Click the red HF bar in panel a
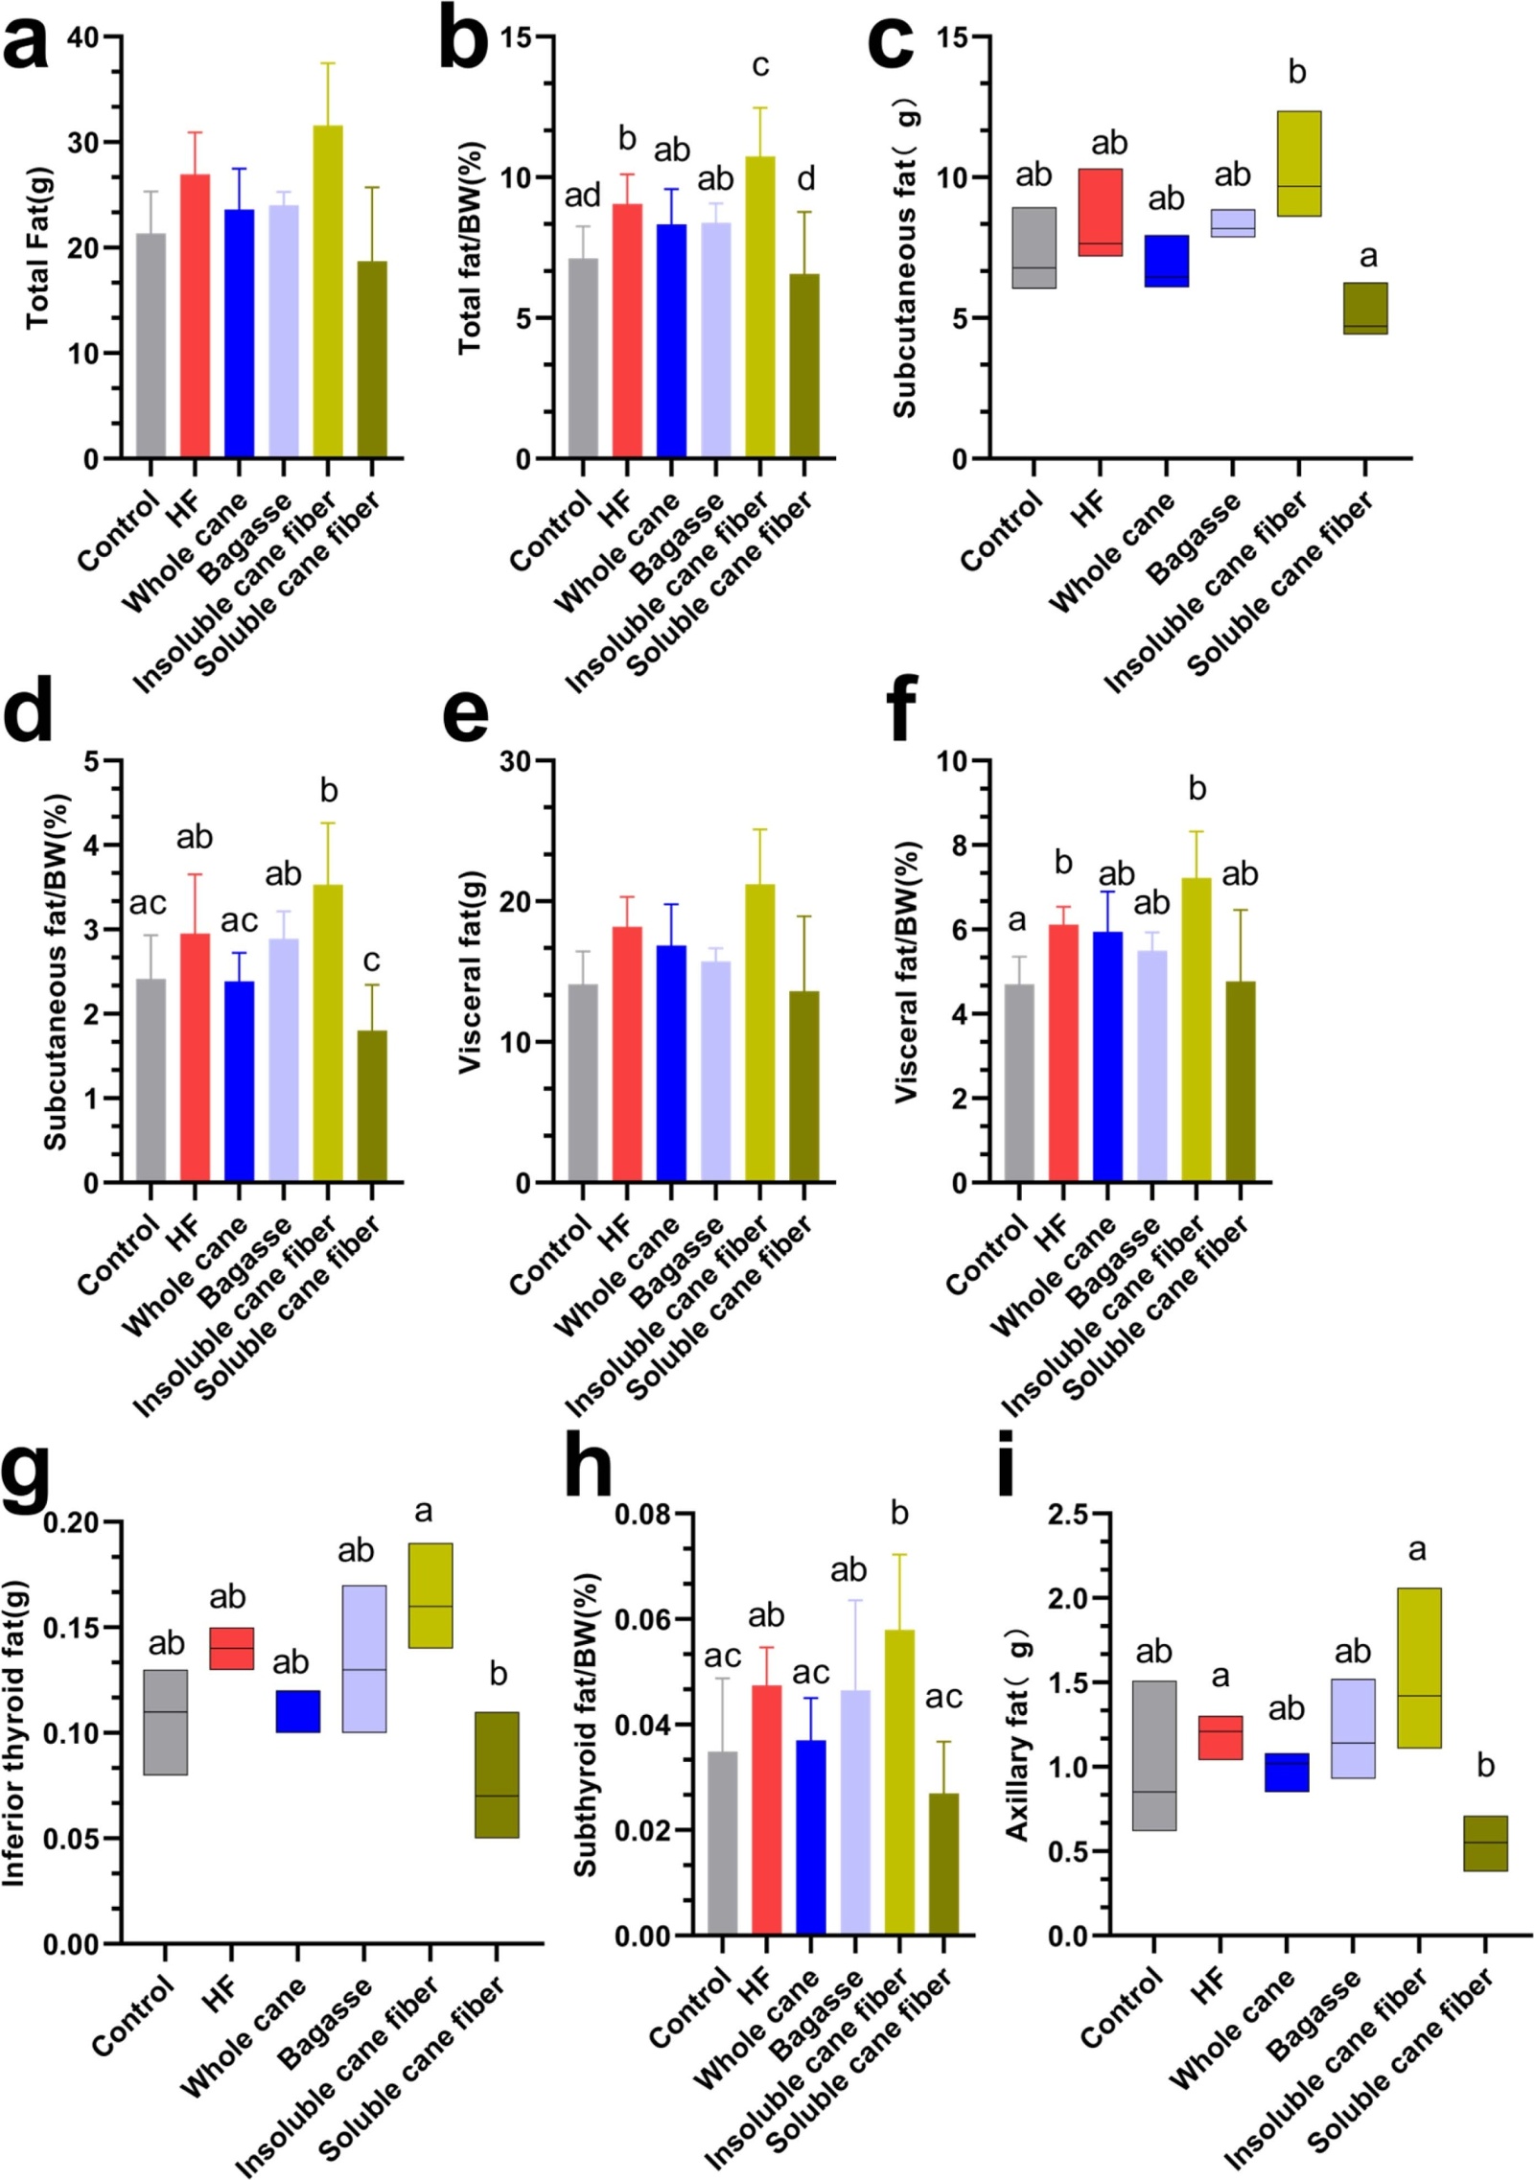(195, 316)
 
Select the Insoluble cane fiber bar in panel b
(759, 307)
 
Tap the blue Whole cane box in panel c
(1166, 261)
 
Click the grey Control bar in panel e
(582, 1083)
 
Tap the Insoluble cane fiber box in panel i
(1418, 1668)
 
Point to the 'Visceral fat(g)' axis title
(470, 973)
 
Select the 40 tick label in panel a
(83, 38)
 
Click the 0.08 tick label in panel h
(641, 1515)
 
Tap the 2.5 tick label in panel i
(1067, 1516)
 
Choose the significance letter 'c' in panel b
(760, 65)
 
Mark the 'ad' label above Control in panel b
(582, 196)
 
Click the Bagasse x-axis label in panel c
(1194, 537)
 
